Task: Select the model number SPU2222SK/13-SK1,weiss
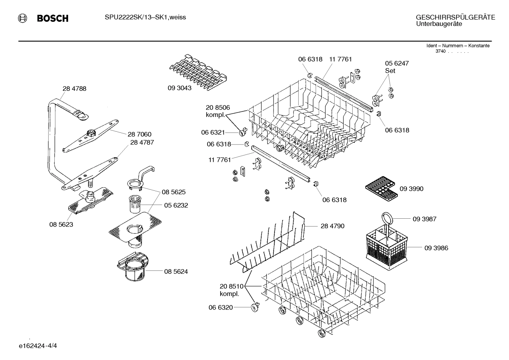145,17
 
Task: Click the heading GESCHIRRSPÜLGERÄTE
455,17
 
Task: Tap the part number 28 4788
74,89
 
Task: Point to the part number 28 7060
139,134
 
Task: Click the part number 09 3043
179,88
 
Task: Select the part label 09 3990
411,189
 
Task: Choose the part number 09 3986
436,248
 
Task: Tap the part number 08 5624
176,271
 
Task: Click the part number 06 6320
221,307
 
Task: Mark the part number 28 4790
332,226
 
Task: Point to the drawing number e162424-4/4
38,345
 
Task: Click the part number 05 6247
396,63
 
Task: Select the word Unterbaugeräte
439,24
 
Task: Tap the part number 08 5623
61,224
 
